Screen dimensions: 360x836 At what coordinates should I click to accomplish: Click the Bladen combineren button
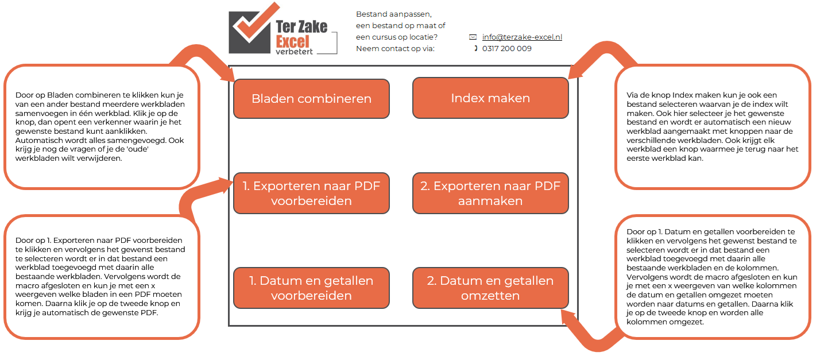[x=311, y=99]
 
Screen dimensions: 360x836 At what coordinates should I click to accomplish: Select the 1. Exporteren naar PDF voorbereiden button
[x=311, y=193]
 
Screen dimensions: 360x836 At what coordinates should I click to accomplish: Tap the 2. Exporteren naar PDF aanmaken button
[x=490, y=193]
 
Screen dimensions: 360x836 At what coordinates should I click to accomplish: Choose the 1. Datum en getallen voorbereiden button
[x=311, y=288]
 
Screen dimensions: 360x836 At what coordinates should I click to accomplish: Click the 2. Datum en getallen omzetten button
[x=490, y=288]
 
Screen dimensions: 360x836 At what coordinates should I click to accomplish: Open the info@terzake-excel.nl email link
[x=522, y=37]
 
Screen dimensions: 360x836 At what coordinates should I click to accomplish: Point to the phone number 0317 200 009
[x=506, y=49]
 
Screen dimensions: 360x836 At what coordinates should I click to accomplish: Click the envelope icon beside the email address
[x=473, y=37]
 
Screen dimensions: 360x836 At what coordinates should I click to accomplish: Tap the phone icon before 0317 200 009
[x=475, y=49]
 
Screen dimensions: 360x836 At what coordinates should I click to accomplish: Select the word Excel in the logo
[x=292, y=41]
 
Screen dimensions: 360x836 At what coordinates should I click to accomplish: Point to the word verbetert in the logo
[x=295, y=52]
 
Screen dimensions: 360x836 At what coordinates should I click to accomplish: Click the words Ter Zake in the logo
[x=301, y=26]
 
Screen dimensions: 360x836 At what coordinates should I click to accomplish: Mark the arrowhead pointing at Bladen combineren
[x=226, y=73]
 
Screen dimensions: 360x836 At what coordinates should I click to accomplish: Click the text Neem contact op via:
[x=395, y=49]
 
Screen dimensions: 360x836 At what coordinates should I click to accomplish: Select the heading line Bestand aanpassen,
[x=393, y=14]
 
